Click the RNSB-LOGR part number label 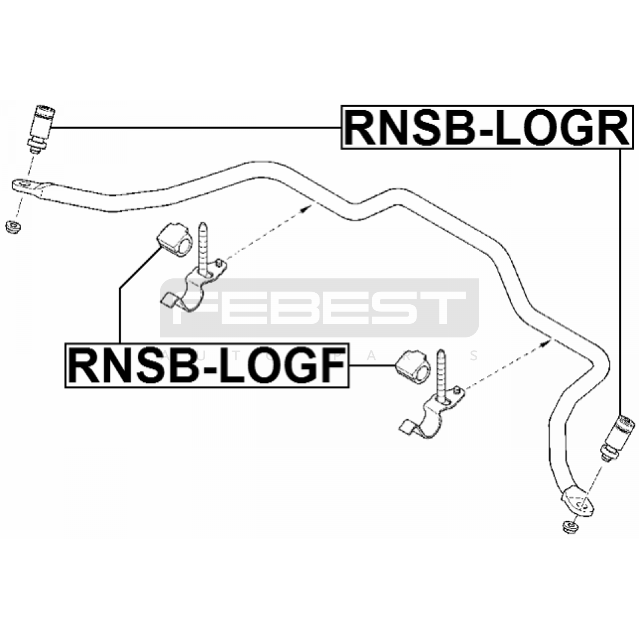pos(487,127)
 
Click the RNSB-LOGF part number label pos(206,365)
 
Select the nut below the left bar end pos(14,226)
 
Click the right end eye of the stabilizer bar pos(579,504)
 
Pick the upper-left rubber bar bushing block pos(175,240)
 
